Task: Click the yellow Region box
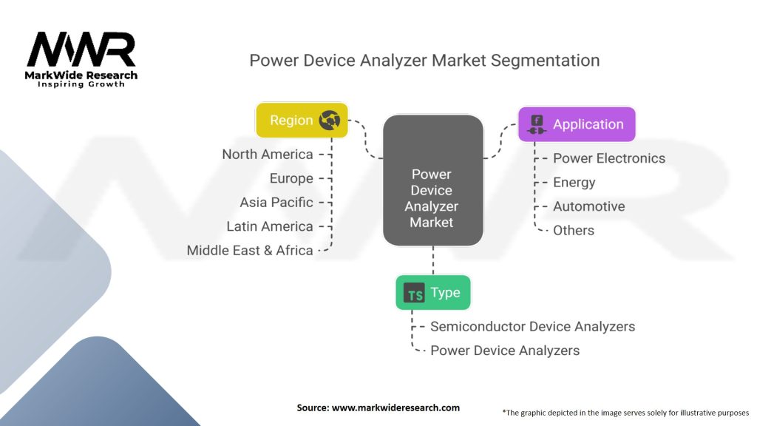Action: coord(302,120)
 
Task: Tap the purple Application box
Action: coord(576,124)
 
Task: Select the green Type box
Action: coord(432,293)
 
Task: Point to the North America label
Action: coord(268,154)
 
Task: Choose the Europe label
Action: coord(291,178)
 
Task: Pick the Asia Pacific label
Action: coord(276,202)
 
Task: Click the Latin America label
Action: coord(270,226)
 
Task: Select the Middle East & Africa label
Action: coord(250,250)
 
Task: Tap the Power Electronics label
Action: coord(609,158)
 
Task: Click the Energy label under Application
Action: coord(574,183)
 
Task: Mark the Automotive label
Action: coord(588,206)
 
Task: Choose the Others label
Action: coord(574,230)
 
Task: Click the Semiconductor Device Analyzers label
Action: coord(532,326)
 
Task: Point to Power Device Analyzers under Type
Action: coord(505,350)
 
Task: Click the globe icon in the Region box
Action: coord(329,121)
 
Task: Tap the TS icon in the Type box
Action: coord(415,294)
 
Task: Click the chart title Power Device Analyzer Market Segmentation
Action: coord(424,60)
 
